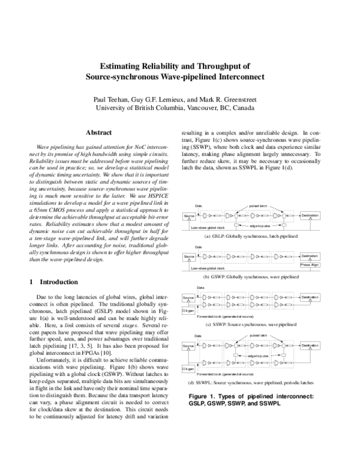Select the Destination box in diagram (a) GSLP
[310, 215]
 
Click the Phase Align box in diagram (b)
[310, 265]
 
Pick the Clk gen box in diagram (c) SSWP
[188, 311]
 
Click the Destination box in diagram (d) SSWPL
[310, 346]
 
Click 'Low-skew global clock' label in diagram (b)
[207, 268]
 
